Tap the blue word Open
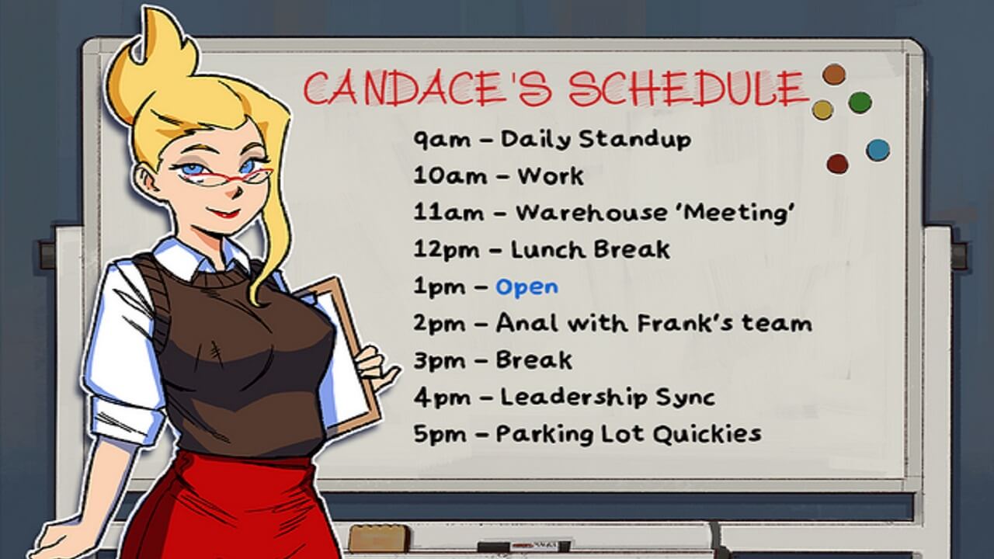[527, 286]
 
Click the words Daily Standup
[596, 140]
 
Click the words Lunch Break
[590, 250]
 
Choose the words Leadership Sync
[607, 398]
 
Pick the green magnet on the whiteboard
[860, 102]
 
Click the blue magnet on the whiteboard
[878, 149]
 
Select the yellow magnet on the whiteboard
[822, 109]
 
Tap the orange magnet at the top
[833, 75]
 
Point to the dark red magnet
[837, 163]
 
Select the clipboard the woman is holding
[342, 342]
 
